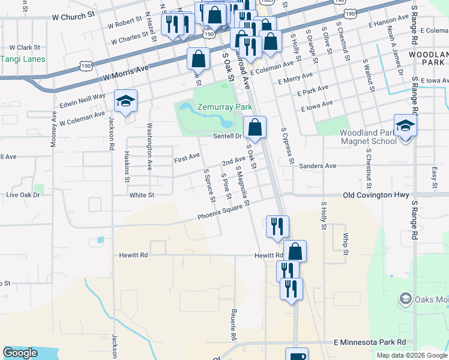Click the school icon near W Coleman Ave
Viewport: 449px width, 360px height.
[x=125, y=102]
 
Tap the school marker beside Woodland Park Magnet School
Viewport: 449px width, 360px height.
[x=405, y=127]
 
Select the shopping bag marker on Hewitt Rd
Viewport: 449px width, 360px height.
[x=295, y=251]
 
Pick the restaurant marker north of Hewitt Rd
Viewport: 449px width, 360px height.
[x=277, y=227]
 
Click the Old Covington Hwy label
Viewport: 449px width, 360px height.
[x=376, y=195]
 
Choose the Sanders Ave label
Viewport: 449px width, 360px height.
[x=317, y=166]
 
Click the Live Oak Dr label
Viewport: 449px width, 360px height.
[x=22, y=195]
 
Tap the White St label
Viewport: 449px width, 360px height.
[x=142, y=195]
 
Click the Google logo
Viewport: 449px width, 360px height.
[x=20, y=353]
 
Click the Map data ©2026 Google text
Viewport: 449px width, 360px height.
[x=412, y=355]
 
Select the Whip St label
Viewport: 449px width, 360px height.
[x=346, y=244]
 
